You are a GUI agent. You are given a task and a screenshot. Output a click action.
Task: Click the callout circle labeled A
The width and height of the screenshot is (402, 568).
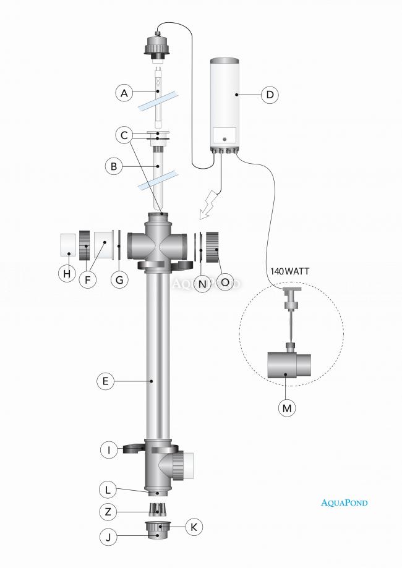[124, 93]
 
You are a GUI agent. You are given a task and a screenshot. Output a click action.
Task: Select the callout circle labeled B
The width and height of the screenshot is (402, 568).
[114, 166]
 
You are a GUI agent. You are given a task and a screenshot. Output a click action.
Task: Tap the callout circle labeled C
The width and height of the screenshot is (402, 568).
[124, 134]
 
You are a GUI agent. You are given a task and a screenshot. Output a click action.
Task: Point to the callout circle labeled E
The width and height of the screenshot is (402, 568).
[106, 381]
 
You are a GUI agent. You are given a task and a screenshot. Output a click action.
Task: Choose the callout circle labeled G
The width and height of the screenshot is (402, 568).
[119, 279]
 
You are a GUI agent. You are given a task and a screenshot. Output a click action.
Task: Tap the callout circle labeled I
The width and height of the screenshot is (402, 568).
[109, 450]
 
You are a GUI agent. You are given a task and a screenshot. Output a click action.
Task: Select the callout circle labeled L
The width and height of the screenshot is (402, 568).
[109, 489]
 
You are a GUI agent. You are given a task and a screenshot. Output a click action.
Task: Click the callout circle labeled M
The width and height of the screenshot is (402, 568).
[286, 408]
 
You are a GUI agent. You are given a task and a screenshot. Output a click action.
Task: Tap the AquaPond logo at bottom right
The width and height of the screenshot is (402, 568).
[344, 502]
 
